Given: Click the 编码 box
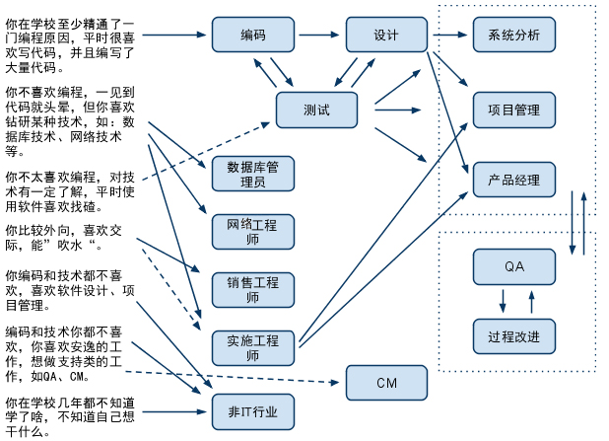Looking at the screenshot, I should coord(252,36).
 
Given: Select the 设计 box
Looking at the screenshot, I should coord(386,36).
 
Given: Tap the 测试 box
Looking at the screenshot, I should coord(316,109).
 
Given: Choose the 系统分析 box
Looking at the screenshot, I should coord(513,36).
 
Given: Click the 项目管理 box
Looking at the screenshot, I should coord(513,109).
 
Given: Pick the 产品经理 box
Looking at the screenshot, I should coord(513,181).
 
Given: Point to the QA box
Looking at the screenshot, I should coord(513,266).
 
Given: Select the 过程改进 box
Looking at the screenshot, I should coord(513,336).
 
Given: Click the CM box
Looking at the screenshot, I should coord(386,382).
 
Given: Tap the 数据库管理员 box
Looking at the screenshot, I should coord(252,173).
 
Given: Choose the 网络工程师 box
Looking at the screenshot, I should coord(252,231).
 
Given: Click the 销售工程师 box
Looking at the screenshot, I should coord(252,289).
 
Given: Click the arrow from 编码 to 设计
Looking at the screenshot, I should coord(319,36).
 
